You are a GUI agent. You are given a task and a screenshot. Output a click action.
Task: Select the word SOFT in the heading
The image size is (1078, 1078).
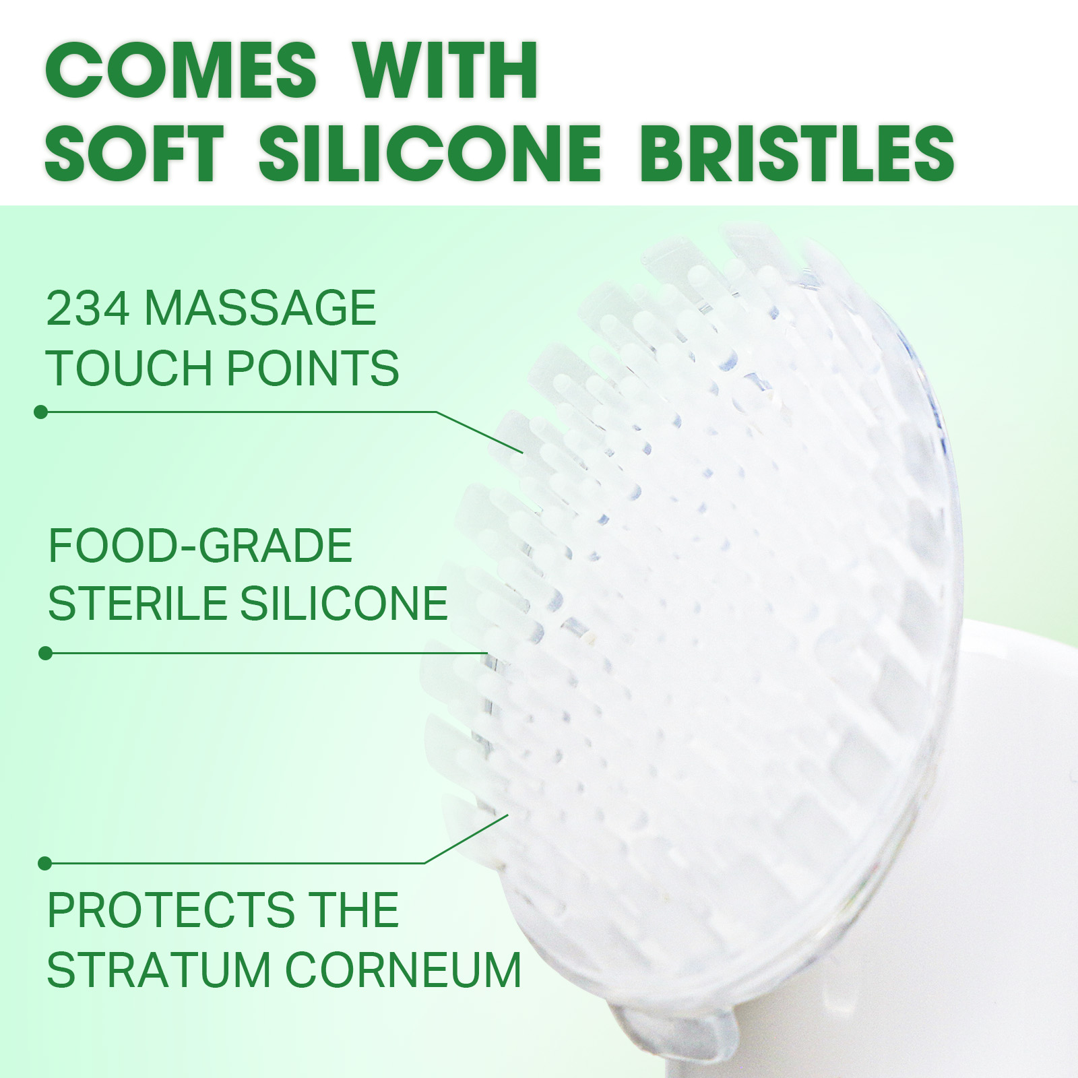[x=134, y=153]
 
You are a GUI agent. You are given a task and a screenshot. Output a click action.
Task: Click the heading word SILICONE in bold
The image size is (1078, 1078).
[x=430, y=153]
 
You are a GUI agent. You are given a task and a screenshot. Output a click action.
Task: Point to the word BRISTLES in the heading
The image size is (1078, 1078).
[x=797, y=153]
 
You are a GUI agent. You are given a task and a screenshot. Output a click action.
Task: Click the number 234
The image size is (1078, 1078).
[x=88, y=308]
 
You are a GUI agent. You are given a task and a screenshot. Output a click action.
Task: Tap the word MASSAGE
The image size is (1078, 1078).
[x=261, y=308]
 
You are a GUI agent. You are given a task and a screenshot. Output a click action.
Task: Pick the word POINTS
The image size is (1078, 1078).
[x=313, y=368]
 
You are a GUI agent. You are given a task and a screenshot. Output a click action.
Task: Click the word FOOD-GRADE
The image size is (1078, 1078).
[x=200, y=545]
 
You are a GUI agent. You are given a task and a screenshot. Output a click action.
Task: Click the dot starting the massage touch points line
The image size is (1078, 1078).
[x=40, y=412]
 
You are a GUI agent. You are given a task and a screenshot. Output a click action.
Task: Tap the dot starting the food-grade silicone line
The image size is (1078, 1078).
[x=45, y=653]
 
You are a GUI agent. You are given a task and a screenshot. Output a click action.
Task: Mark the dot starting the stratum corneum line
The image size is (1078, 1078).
[x=44, y=863]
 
